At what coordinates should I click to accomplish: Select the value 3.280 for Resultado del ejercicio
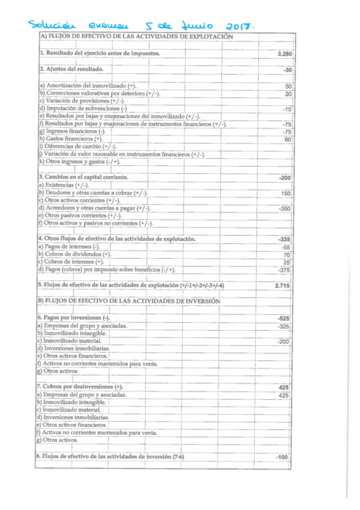285,54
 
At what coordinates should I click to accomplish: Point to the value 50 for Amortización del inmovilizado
289,87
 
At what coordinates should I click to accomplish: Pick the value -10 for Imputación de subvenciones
287,109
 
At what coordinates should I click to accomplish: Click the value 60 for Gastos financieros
288,140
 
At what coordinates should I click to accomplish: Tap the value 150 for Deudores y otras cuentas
286,194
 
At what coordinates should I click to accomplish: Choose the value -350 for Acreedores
285,209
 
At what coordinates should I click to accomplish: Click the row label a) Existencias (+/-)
64,185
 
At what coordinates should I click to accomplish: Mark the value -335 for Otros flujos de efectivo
285,239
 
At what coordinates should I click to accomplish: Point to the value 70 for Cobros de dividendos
288,255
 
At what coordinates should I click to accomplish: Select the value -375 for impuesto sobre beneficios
285,270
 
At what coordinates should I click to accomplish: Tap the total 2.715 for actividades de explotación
283,285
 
